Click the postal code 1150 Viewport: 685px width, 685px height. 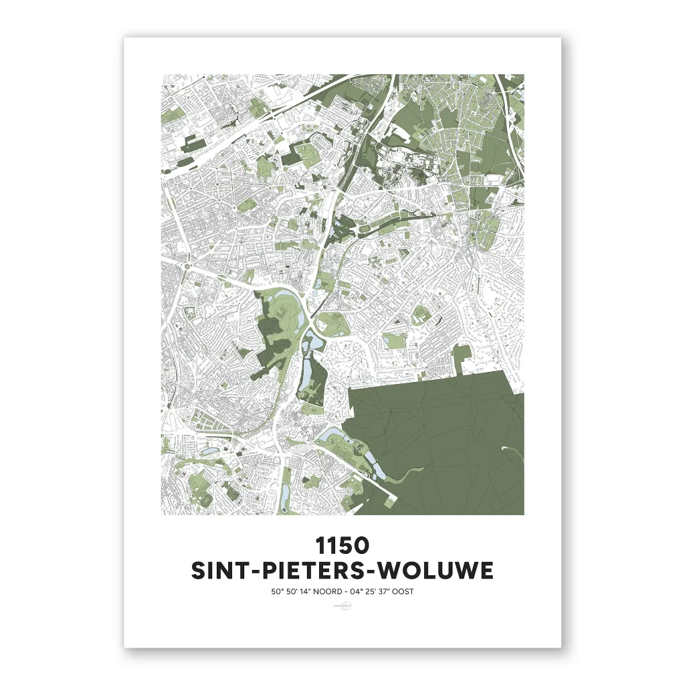click(x=342, y=545)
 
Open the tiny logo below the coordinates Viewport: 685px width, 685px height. click(x=342, y=607)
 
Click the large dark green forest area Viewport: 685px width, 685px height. click(x=442, y=448)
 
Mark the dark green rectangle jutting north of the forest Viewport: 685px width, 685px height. click(x=466, y=359)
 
